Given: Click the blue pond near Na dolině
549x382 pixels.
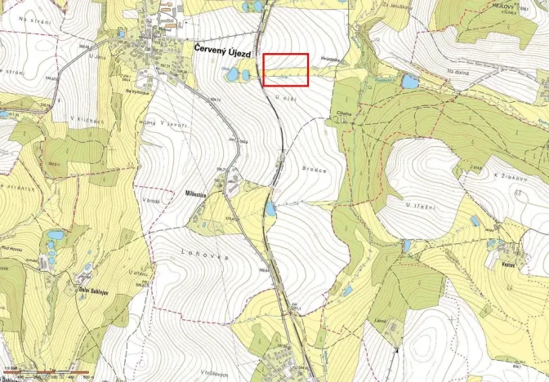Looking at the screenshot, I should coord(409,82).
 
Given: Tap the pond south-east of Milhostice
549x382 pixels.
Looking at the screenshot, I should coord(270,211).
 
